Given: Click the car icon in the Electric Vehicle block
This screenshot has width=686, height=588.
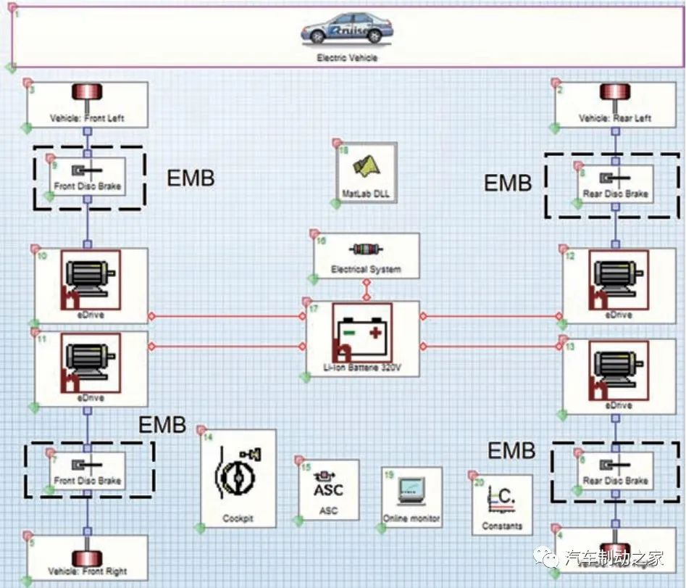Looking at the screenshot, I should [347, 30].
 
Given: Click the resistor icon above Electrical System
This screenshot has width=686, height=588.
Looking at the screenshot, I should [366, 250].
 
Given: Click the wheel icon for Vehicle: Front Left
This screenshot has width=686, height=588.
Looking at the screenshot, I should [87, 95].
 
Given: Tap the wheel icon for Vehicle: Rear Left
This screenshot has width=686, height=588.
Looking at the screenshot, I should [615, 95].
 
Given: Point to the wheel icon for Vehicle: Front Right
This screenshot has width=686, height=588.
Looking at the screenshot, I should [87, 557].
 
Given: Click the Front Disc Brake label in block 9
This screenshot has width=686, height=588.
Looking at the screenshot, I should [87, 186].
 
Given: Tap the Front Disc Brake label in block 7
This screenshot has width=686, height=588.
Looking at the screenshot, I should [87, 481].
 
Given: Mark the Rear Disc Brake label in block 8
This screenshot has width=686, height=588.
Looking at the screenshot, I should [615, 194].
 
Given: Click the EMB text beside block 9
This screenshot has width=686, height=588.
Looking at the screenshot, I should [191, 178].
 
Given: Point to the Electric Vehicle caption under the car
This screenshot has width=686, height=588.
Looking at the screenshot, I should [347, 58].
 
